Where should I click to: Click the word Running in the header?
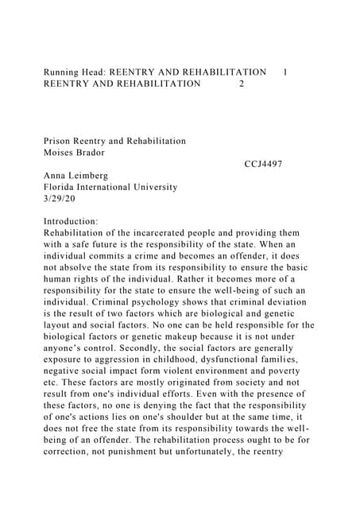64,72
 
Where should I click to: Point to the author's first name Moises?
62,152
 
